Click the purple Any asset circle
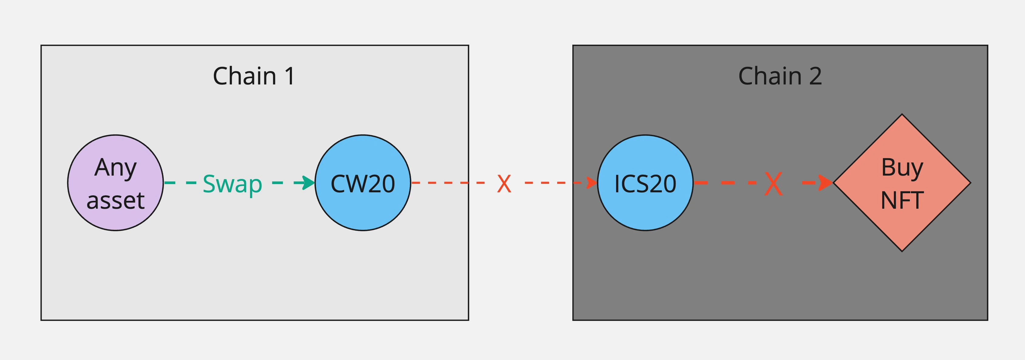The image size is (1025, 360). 115,183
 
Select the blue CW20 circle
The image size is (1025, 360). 362,183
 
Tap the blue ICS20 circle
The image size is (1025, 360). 645,183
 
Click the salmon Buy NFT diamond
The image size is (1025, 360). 902,183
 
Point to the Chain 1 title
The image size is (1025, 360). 254,76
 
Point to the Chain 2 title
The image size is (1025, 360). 780,76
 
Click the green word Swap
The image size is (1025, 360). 232,184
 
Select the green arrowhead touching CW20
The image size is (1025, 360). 307,183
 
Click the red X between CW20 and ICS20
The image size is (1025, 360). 504,183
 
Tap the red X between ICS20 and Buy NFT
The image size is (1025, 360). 773,183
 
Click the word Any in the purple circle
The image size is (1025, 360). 115,167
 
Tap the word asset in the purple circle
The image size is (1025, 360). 115,201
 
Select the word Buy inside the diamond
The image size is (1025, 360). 902,167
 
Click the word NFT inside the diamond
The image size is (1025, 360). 902,201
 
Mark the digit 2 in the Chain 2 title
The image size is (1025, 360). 815,76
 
